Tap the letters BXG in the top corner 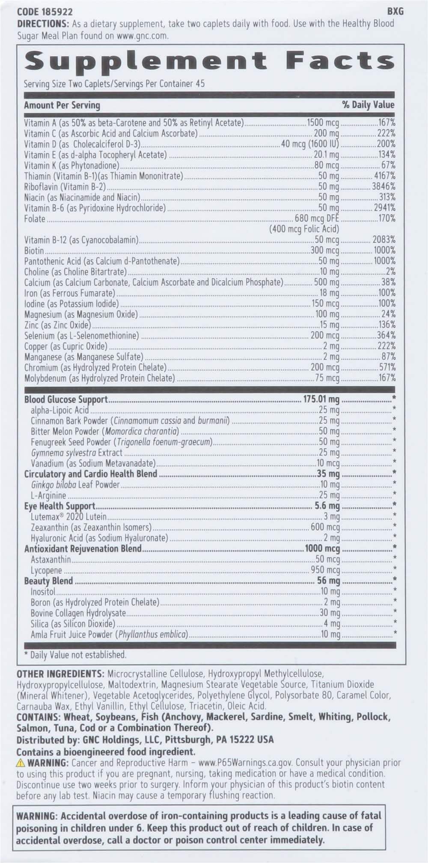click(x=395, y=12)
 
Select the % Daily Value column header click(x=368, y=105)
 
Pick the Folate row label click(x=35, y=219)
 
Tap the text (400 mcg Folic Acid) click(x=304, y=229)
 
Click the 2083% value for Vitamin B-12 click(x=383, y=240)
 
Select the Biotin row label click(x=34, y=251)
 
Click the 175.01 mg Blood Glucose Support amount click(x=321, y=400)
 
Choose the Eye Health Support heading click(x=59, y=506)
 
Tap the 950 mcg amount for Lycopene click(x=325, y=571)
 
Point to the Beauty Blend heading click(x=48, y=581)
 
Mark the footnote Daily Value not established click(x=75, y=655)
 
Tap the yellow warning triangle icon click(x=21, y=763)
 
